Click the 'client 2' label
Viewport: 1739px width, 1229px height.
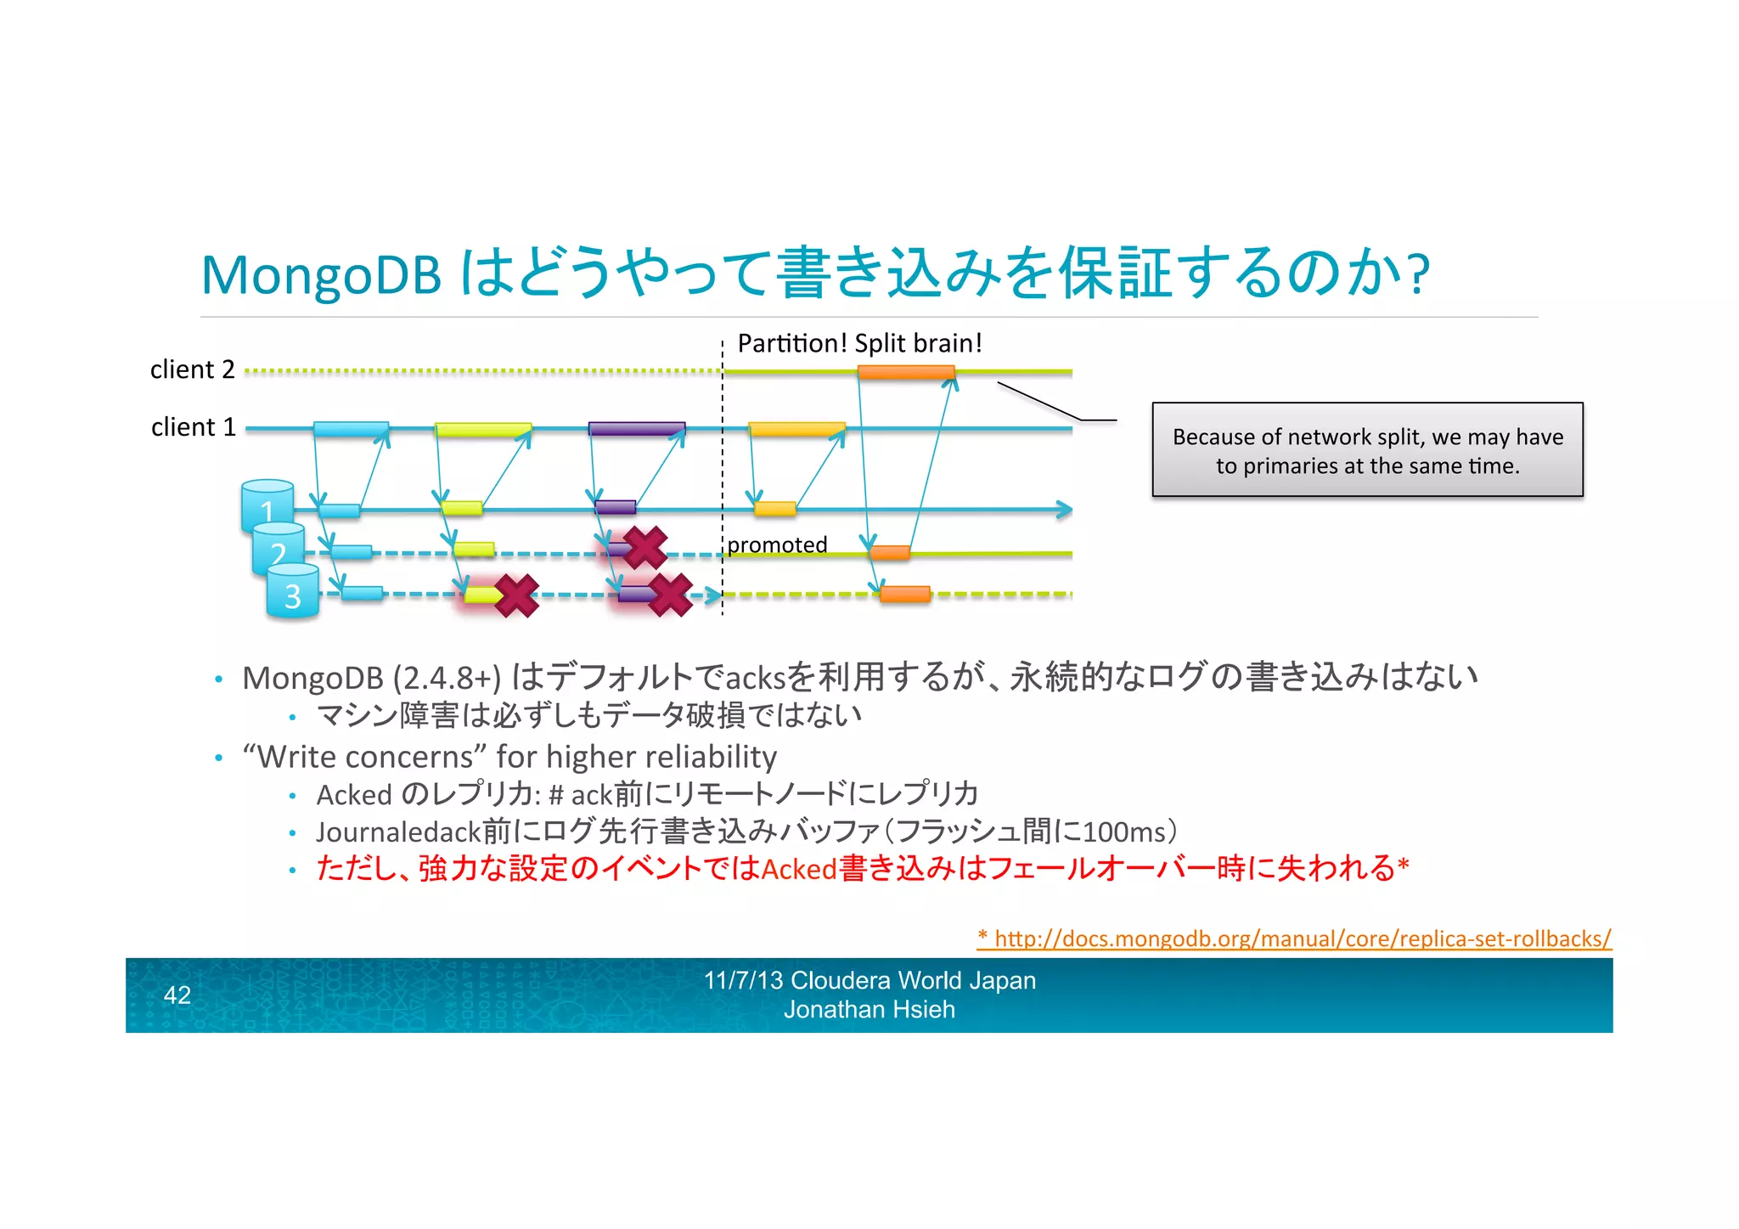pyautogui.click(x=192, y=369)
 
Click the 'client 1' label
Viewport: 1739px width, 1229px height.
pyautogui.click(x=193, y=426)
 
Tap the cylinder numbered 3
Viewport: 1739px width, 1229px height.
pyautogui.click(x=293, y=595)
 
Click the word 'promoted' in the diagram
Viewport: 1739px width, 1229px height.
pyautogui.click(x=777, y=544)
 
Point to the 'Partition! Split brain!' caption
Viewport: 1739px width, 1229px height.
pyautogui.click(x=859, y=343)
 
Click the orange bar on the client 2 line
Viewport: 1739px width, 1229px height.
pyautogui.click(x=906, y=372)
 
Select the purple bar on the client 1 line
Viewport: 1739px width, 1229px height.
pyautogui.click(x=637, y=429)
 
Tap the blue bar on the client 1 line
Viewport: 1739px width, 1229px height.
pyautogui.click(x=351, y=429)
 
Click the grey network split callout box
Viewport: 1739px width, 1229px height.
pyautogui.click(x=1367, y=450)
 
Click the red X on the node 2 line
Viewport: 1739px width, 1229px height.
pyautogui.click(x=645, y=548)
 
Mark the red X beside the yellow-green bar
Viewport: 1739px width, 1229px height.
pyautogui.click(x=516, y=595)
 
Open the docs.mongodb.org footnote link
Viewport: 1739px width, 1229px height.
pyautogui.click(x=1294, y=939)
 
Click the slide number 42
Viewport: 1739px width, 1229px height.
pyautogui.click(x=177, y=995)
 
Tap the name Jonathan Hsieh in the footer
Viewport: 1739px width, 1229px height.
pyautogui.click(x=869, y=1010)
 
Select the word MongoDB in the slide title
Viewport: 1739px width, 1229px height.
pyautogui.click(x=321, y=275)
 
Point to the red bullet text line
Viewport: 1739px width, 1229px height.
pyautogui.click(x=862, y=868)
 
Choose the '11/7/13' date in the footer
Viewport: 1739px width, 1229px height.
pyautogui.click(x=743, y=980)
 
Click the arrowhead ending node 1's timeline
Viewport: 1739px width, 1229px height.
pyautogui.click(x=1064, y=510)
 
